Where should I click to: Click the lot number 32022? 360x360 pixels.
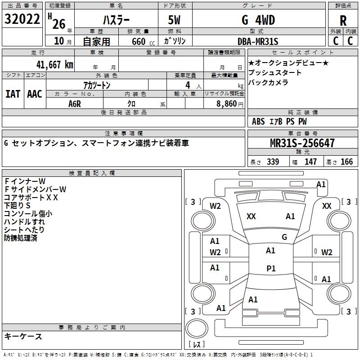[x=22, y=20]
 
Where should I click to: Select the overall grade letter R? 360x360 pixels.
[x=343, y=21]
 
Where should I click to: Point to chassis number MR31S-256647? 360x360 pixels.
[x=302, y=143]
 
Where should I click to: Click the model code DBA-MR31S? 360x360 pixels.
[x=258, y=41]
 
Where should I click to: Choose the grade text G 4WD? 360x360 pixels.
[x=258, y=20]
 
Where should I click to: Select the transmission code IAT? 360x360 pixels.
[x=13, y=94]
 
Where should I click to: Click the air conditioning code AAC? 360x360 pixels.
[x=35, y=94]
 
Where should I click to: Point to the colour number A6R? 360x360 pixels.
[x=75, y=103]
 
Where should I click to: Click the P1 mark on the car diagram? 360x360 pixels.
[x=270, y=268]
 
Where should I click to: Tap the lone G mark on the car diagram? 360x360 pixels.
[x=284, y=237]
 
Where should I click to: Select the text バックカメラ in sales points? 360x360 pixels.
[x=268, y=82]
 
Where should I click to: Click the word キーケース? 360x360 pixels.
[x=23, y=336]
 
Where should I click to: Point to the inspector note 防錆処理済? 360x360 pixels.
[x=21, y=238]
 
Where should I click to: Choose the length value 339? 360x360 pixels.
[x=272, y=162]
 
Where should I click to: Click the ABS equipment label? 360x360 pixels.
[x=258, y=121]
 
